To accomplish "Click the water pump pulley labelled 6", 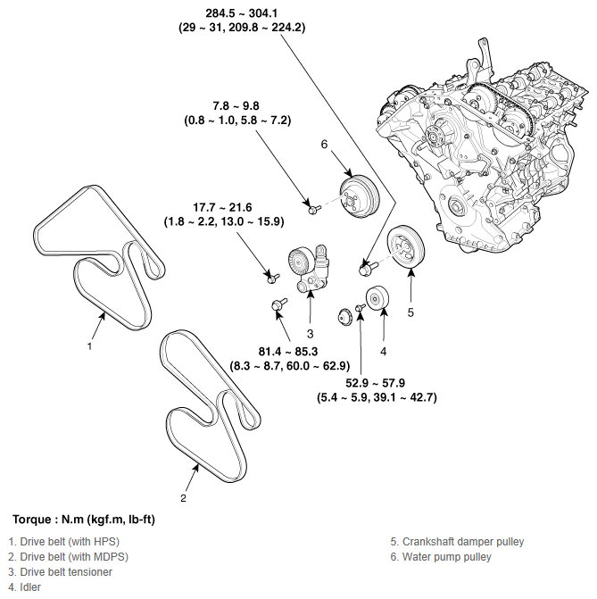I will click(360, 195).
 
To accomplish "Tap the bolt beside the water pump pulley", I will click(314, 209).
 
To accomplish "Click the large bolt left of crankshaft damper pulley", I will click(366, 266).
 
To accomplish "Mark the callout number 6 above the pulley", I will click(325, 144).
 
